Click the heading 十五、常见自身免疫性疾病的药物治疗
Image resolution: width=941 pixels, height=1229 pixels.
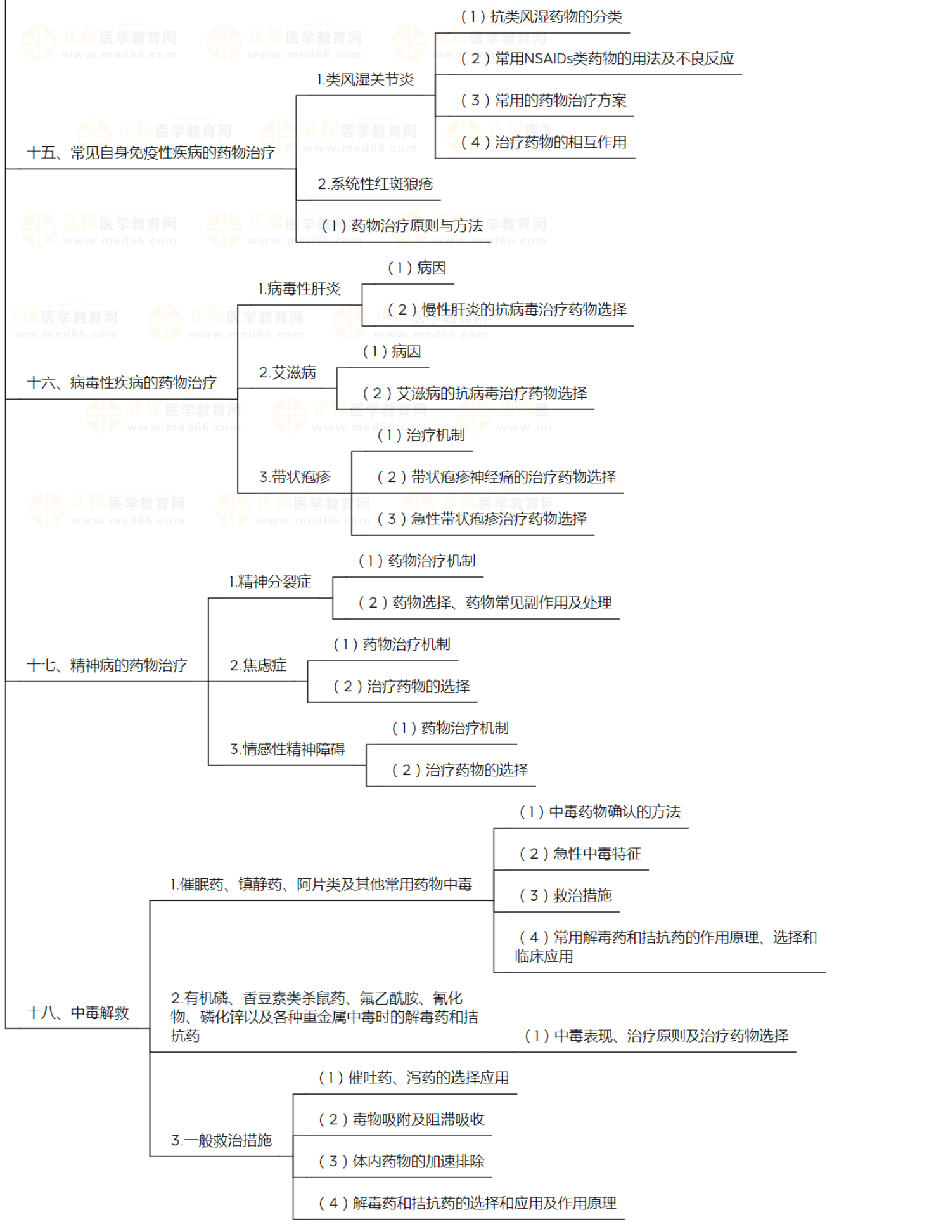[x=151, y=153]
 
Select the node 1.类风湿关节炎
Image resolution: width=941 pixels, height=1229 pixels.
[x=365, y=80]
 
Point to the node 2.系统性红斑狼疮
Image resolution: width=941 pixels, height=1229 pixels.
[x=375, y=185]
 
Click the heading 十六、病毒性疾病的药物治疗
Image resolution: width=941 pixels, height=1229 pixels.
[x=122, y=383]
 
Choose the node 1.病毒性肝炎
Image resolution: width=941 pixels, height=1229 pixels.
[x=299, y=289]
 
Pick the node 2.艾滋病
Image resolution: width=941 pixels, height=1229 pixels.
[x=287, y=373]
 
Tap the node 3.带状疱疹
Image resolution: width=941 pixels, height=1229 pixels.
[x=295, y=478]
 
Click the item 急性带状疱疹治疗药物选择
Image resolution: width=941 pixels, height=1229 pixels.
[x=482, y=519]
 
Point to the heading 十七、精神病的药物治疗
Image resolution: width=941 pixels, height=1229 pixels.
[x=107, y=666]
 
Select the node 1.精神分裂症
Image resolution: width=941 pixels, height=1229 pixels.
[x=270, y=582]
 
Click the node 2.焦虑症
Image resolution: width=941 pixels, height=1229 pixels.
[x=258, y=666]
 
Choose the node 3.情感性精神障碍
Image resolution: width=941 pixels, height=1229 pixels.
[x=287, y=750]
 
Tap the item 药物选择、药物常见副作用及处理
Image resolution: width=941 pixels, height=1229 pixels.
[x=485, y=603]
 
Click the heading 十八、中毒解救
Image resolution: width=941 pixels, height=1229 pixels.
[x=78, y=1013]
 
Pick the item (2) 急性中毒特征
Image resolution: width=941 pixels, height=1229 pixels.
[x=580, y=854]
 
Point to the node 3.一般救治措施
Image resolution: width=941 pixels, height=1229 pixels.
[x=221, y=1141]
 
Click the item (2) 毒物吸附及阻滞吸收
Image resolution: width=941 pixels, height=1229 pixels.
[x=401, y=1120]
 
